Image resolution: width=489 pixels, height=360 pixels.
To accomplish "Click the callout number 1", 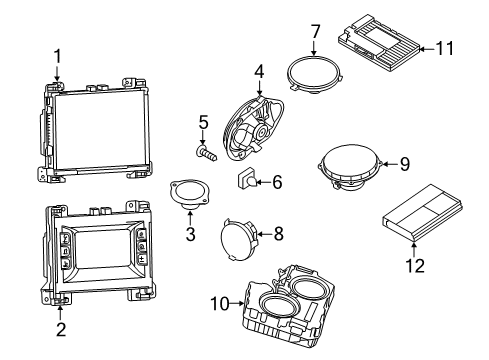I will pyautogui.click(x=57, y=56).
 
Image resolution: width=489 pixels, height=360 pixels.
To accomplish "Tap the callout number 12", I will pyautogui.click(x=413, y=266).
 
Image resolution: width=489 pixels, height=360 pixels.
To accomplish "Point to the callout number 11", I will pyautogui.click(x=446, y=47).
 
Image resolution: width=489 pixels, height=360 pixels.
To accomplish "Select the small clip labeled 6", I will pyautogui.click(x=246, y=180).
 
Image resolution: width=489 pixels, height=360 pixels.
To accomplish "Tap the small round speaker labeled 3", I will pyautogui.click(x=185, y=192).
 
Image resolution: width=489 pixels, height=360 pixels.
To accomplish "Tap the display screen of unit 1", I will pyautogui.click(x=97, y=126).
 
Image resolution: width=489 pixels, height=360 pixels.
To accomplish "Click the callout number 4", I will pyautogui.click(x=259, y=71).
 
